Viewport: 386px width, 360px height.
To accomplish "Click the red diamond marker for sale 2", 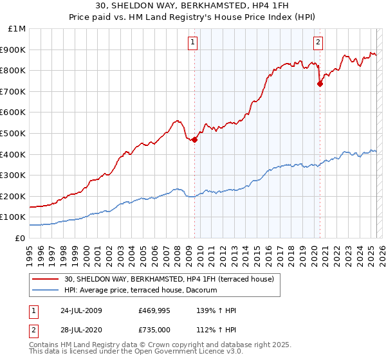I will click(x=320, y=84).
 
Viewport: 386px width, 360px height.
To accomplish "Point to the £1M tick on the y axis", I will click(x=17, y=29).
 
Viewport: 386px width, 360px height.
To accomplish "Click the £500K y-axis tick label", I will click(x=14, y=133).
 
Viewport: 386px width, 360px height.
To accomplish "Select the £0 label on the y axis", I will click(x=20, y=238).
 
